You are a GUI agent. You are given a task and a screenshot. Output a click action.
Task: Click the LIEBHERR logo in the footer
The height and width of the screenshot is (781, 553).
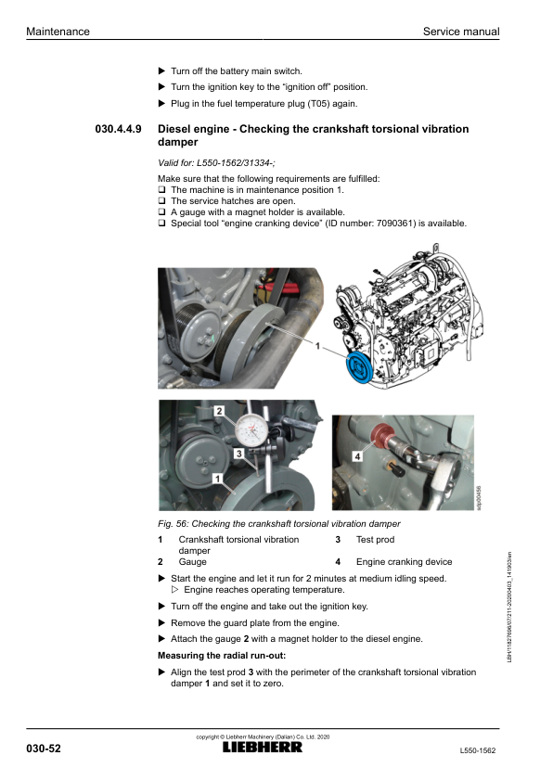[262, 747]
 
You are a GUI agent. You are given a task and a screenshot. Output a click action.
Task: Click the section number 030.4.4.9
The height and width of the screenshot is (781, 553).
[118, 129]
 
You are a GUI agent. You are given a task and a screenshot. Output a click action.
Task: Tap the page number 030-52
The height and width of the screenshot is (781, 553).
[44, 749]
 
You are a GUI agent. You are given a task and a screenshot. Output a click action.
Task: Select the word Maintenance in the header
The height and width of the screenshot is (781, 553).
[58, 32]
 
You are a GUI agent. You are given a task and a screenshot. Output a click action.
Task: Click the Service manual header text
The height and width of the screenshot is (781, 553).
[461, 32]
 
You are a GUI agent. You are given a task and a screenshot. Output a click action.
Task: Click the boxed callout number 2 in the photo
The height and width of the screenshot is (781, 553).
[219, 411]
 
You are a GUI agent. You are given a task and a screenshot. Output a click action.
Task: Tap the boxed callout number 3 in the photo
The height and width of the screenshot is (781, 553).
[239, 454]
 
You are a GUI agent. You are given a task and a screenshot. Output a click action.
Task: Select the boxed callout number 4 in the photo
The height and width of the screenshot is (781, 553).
[357, 455]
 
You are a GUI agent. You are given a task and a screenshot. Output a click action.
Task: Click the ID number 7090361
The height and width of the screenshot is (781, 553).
[396, 224]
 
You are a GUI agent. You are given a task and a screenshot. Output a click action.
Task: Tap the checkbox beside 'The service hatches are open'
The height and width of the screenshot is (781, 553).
[161, 200]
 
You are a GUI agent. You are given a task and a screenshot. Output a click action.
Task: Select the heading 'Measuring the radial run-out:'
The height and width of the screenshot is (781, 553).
[222, 656]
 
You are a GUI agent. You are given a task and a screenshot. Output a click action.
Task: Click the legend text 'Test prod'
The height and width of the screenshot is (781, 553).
[375, 540]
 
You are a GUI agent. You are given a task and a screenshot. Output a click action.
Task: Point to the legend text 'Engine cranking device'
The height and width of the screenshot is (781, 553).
[404, 562]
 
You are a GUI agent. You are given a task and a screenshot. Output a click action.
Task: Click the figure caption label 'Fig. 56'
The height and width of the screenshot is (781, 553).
[172, 524]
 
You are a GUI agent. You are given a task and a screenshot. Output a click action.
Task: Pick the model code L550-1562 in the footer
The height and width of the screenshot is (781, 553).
[477, 750]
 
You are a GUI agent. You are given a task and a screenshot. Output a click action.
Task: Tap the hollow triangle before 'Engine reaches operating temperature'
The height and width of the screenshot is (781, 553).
[174, 590]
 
